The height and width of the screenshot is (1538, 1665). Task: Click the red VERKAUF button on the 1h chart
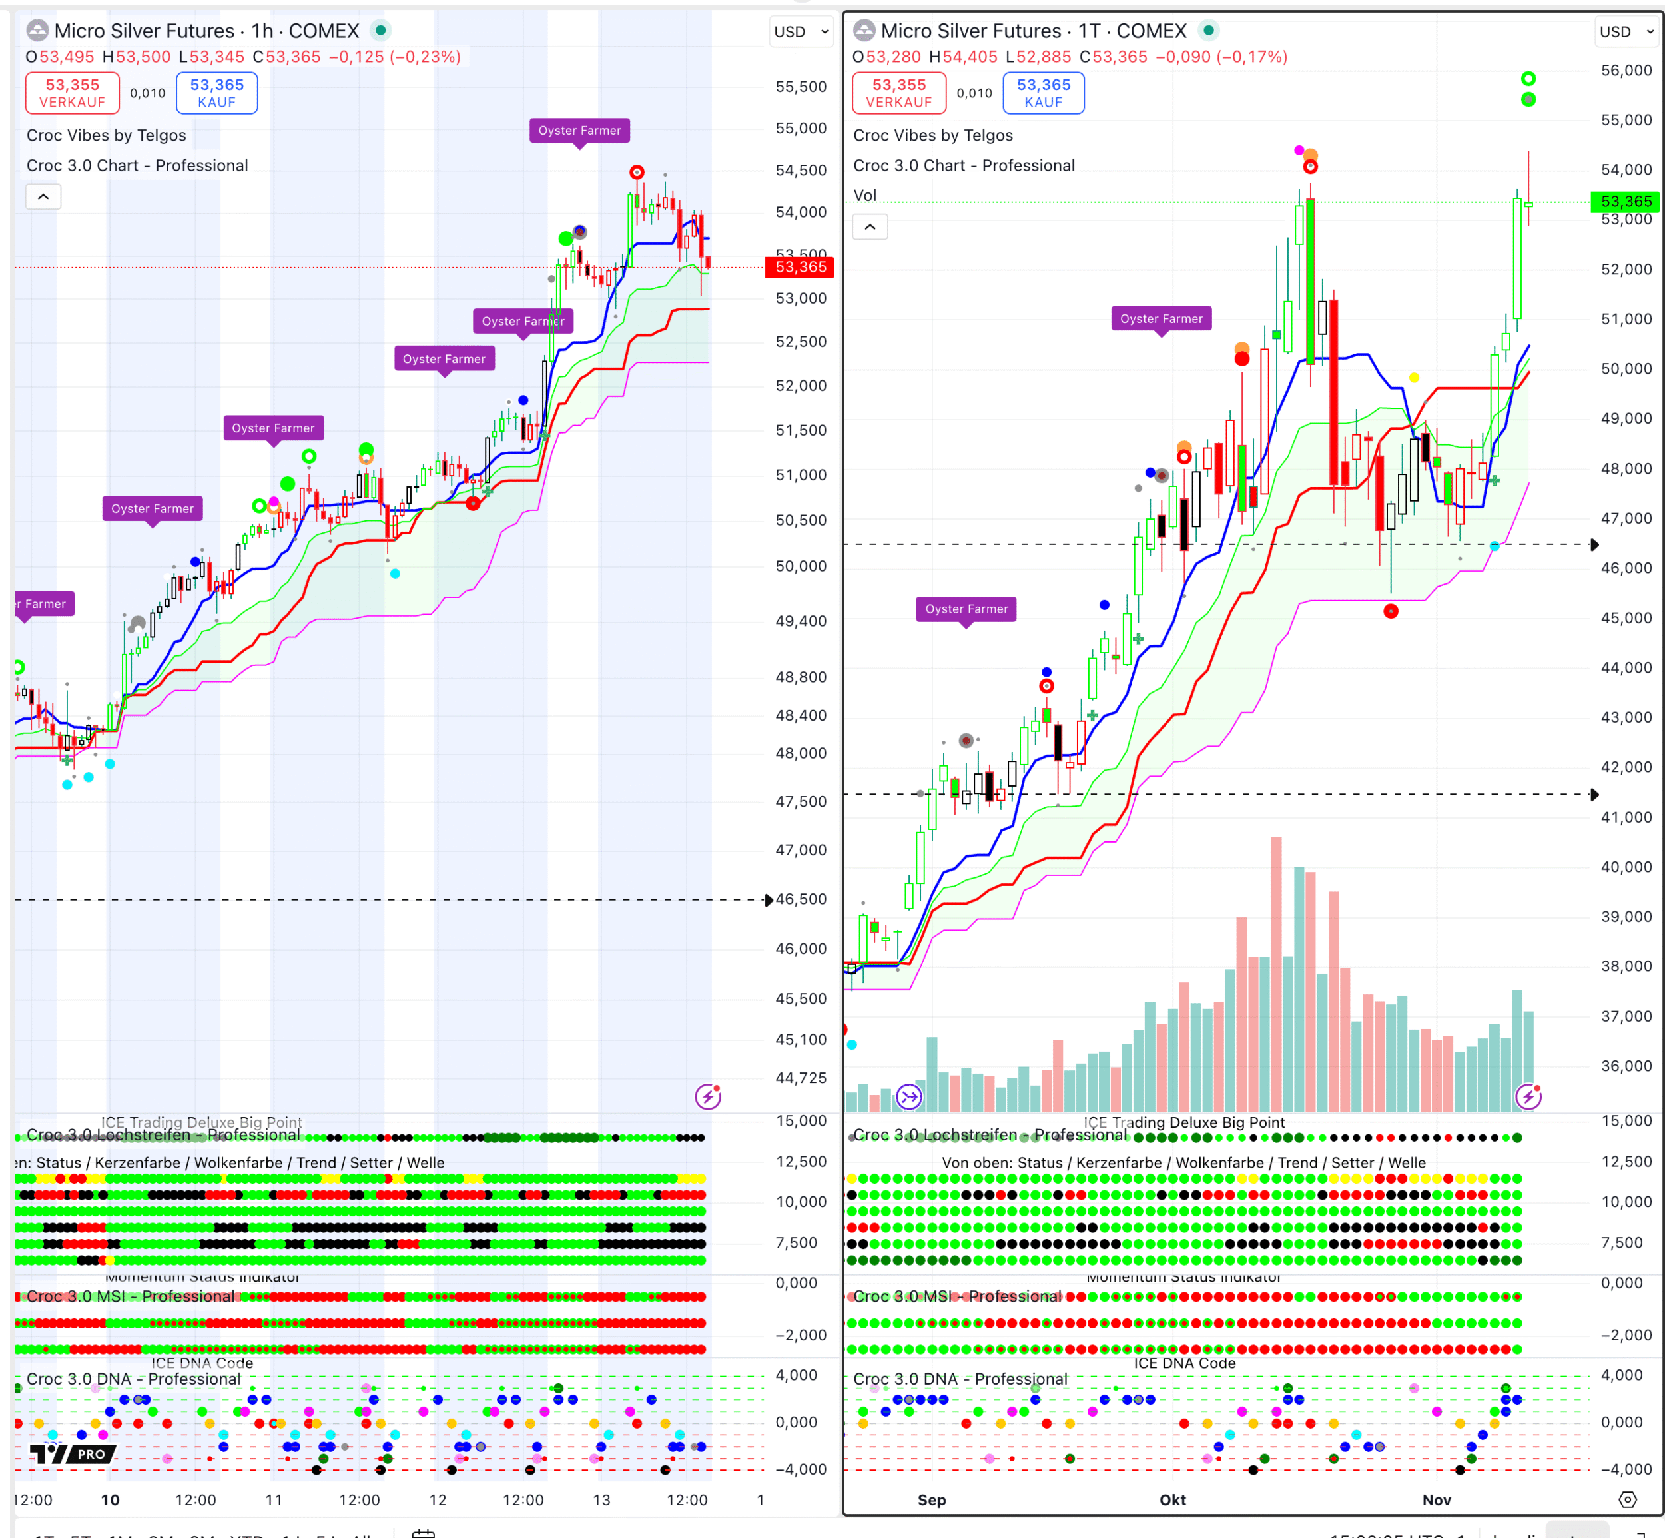tap(73, 93)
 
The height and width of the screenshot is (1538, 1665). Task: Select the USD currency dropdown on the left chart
tap(801, 31)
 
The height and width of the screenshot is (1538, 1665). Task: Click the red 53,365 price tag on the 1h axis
tap(800, 267)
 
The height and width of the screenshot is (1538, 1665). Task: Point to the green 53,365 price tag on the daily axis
tap(1625, 201)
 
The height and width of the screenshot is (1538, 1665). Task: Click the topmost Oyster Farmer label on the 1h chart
tap(579, 131)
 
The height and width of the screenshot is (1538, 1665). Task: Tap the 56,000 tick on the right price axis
tap(1626, 70)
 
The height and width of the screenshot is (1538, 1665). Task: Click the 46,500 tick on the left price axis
tap(801, 899)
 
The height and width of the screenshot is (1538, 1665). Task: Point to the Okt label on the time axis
tap(1172, 1500)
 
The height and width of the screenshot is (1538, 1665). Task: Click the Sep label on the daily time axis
tap(931, 1500)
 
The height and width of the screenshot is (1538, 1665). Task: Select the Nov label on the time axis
tap(1436, 1500)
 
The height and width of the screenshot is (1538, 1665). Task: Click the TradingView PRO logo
tap(73, 1454)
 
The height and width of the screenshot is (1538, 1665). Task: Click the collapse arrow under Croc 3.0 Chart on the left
tap(43, 196)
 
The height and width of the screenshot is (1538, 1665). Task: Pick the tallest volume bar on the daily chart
tap(1275, 974)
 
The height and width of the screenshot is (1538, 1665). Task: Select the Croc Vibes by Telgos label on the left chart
tap(107, 135)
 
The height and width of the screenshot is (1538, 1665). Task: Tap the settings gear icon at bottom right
tap(1628, 1500)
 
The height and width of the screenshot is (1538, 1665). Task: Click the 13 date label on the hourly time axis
tap(601, 1500)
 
